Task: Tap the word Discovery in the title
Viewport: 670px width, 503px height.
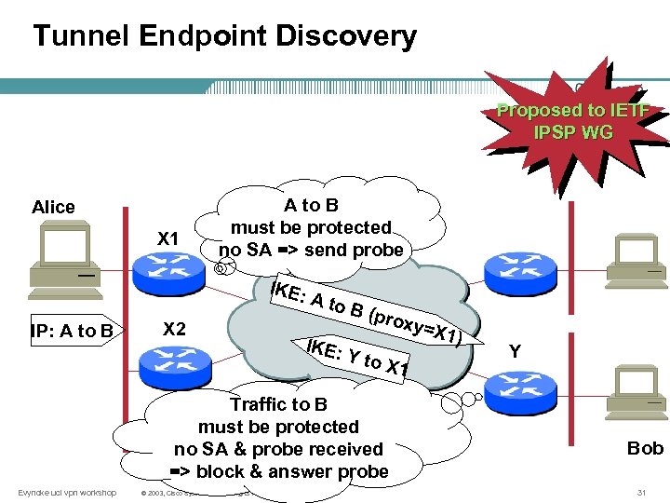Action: pyautogui.click(x=350, y=36)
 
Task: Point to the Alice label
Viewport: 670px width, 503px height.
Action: pyautogui.click(x=53, y=207)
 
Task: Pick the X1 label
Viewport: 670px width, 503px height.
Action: pyautogui.click(x=167, y=238)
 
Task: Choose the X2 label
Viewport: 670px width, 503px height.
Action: pyautogui.click(x=174, y=328)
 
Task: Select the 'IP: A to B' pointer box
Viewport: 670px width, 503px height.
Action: pyautogui.click(x=69, y=330)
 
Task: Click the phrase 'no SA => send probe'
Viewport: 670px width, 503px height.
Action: pyautogui.click(x=311, y=250)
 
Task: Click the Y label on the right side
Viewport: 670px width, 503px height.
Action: pyautogui.click(x=514, y=351)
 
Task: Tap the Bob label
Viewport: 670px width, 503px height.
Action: pyautogui.click(x=645, y=448)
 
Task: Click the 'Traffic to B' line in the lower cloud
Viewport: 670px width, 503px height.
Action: pyautogui.click(x=278, y=404)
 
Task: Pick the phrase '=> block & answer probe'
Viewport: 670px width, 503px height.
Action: pyautogui.click(x=278, y=471)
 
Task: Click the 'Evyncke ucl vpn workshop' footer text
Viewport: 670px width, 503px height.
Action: pyautogui.click(x=67, y=492)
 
